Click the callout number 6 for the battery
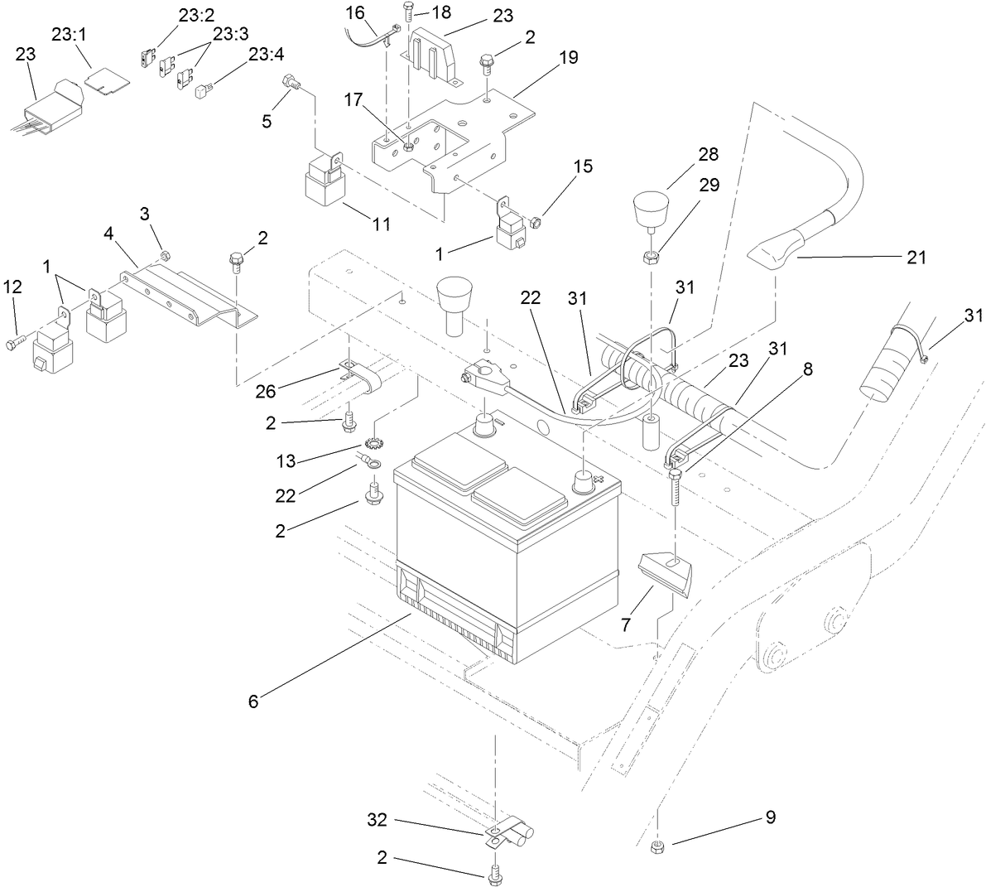click(253, 701)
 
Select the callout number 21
click(915, 258)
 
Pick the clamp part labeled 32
click(507, 832)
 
